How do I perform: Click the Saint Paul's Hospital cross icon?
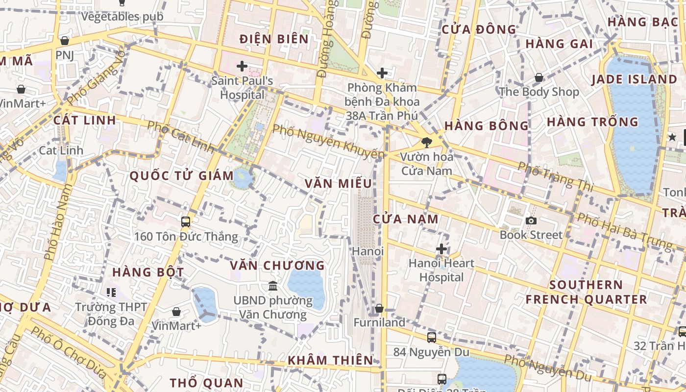tap(242, 66)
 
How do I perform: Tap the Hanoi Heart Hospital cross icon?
tap(441, 249)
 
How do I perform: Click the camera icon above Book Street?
tap(531, 221)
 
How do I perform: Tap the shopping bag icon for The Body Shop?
tap(539, 77)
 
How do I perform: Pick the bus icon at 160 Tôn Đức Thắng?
tap(186, 221)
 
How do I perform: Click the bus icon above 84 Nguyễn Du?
tap(431, 337)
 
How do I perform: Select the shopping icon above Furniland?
tap(379, 309)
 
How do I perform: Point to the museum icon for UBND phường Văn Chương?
tap(273, 286)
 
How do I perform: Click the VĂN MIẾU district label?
tap(338, 184)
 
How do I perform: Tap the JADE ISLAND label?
tap(634, 79)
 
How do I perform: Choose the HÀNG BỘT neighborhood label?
tap(148, 272)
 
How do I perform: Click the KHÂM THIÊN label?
tap(330, 360)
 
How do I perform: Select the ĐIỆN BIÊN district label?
tap(274, 39)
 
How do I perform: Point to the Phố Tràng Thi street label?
tap(556, 177)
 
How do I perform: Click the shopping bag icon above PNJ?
tap(64, 41)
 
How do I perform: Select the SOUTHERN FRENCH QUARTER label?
tap(586, 292)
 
